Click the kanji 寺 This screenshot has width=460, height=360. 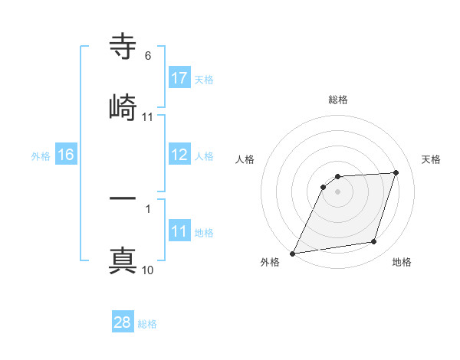tap(123, 48)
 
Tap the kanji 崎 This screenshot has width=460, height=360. tap(123, 106)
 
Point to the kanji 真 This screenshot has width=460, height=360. tap(123, 259)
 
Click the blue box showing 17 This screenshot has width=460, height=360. tap(179, 78)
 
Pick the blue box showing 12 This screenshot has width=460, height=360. tap(179, 155)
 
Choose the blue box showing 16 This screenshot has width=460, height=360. tap(66, 155)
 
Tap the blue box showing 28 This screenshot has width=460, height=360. tap(123, 322)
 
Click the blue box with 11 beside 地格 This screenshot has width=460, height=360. tap(179, 232)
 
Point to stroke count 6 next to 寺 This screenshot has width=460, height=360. tap(148, 56)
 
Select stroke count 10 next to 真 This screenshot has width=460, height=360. tap(148, 270)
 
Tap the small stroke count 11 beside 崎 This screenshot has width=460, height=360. tap(148, 117)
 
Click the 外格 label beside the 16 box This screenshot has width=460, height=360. tap(41, 155)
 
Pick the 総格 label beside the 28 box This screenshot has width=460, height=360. tap(147, 324)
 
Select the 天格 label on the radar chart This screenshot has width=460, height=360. tap(432, 159)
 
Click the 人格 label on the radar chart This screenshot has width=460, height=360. tap(245, 159)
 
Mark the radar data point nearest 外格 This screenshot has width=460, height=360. tap(293, 253)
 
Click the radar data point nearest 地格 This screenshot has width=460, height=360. tap(374, 242)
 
